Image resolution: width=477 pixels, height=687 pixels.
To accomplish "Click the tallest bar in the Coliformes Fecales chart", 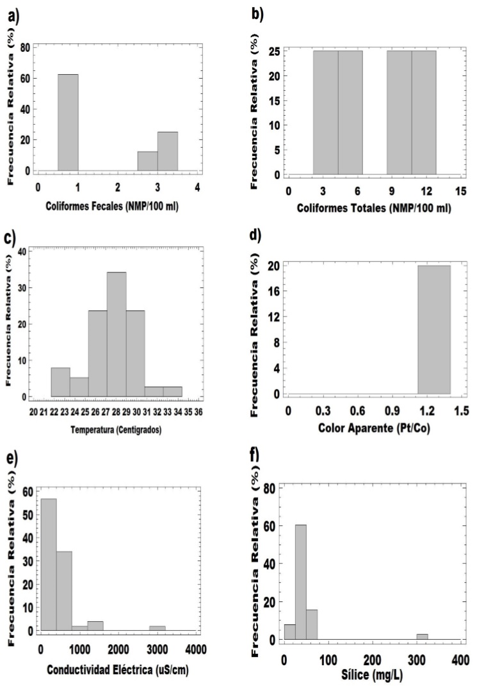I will (68, 122).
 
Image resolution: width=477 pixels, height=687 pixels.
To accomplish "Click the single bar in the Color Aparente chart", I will (434, 329).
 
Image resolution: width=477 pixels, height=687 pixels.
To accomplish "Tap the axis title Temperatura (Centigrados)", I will (115, 429).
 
